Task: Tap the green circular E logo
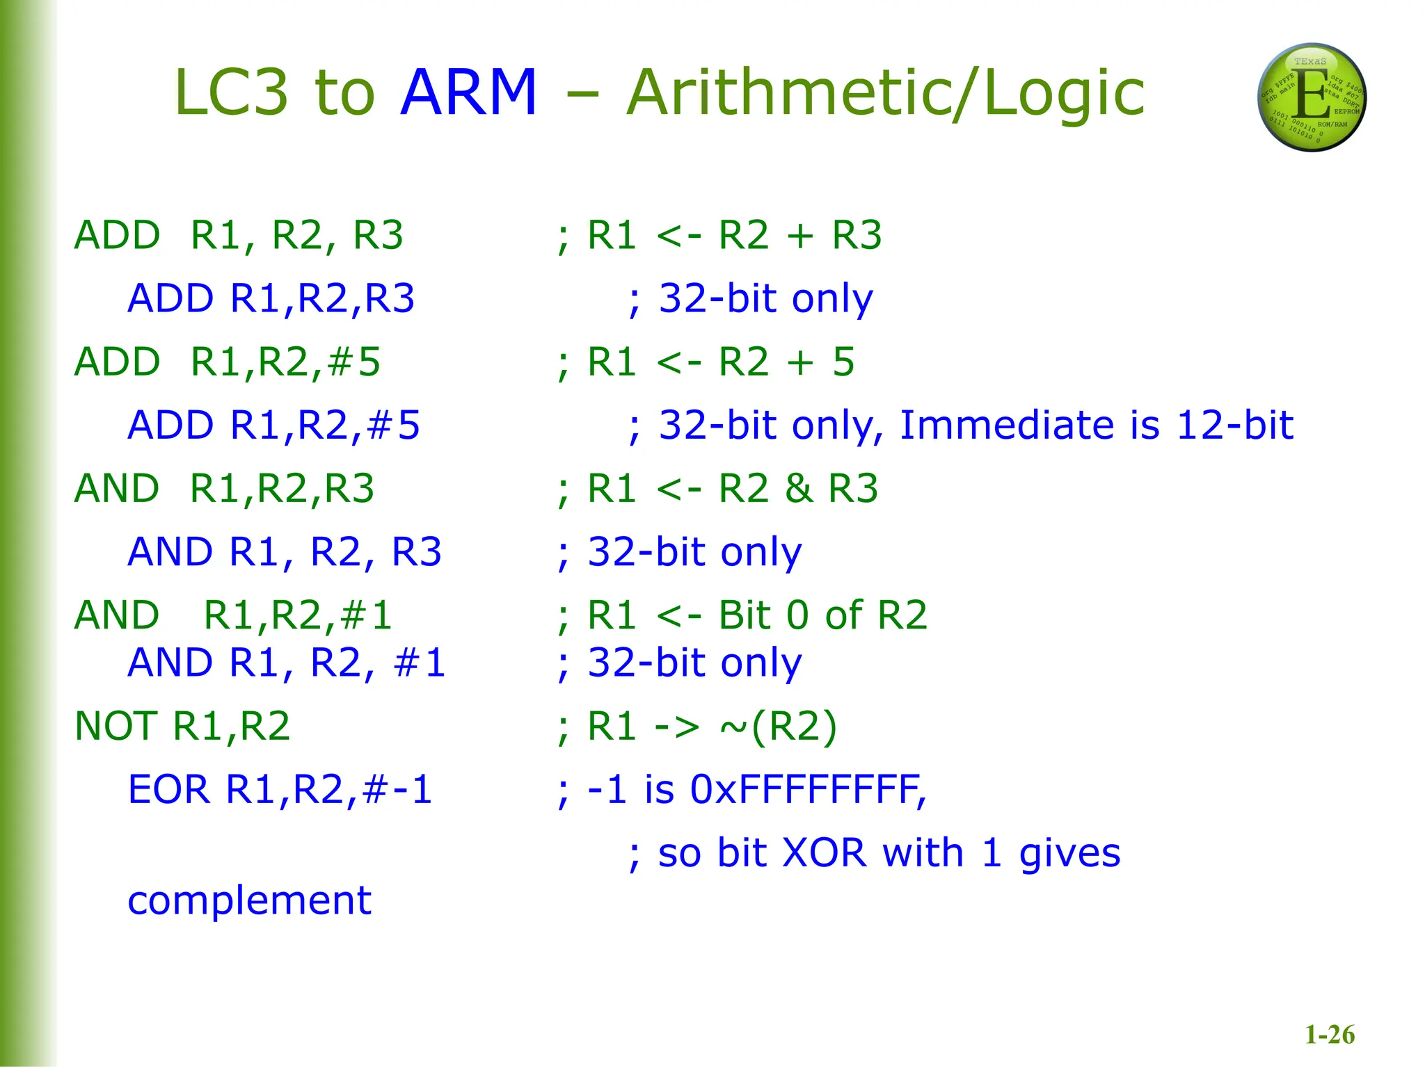(1312, 97)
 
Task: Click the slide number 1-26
(1330, 1035)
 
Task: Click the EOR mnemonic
(168, 790)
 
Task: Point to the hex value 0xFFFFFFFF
(807, 790)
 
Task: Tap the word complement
(249, 901)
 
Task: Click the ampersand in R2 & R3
(799, 488)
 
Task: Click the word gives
(1069, 855)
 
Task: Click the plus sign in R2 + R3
(800, 236)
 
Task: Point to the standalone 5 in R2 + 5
(843, 362)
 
